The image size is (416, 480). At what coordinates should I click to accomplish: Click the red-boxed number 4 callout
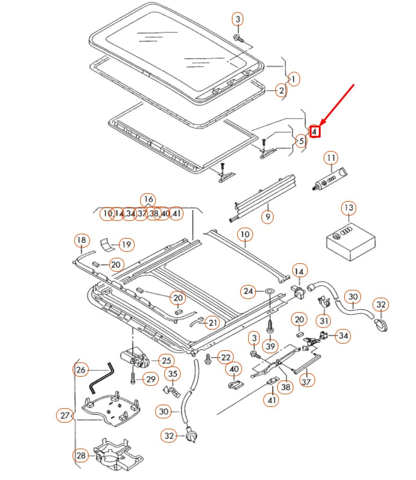(315, 130)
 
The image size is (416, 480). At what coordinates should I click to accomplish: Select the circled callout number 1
(293, 79)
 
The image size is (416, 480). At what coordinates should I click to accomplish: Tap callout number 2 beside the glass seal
(281, 91)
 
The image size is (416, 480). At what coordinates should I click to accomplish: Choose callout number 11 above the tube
(331, 159)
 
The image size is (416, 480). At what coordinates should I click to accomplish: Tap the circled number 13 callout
(348, 209)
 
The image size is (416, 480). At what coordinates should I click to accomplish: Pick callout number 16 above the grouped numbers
(147, 200)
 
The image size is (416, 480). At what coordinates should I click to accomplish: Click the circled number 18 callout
(82, 242)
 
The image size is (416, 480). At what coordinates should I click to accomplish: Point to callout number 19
(126, 245)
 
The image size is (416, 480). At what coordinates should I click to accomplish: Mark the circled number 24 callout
(249, 292)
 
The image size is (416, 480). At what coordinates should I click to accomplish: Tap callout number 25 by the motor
(166, 360)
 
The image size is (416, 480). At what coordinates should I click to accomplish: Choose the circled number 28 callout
(81, 455)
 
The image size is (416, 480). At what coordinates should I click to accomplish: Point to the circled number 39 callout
(270, 345)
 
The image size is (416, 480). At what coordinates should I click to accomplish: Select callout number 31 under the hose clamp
(324, 321)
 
